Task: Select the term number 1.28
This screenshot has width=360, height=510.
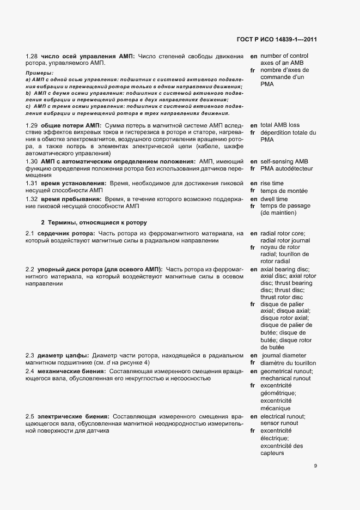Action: [x=32, y=56]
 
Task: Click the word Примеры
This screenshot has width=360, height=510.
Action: [x=39, y=73]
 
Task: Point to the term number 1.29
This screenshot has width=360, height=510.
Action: [x=32, y=126]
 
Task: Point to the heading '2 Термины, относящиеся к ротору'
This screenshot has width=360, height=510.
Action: [x=94, y=223]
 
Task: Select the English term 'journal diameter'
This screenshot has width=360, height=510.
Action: [x=286, y=355]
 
